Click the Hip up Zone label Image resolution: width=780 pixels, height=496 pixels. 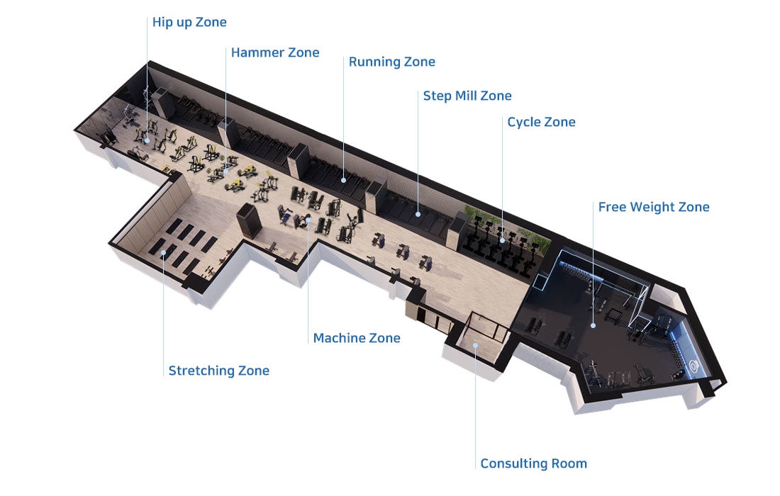click(x=189, y=23)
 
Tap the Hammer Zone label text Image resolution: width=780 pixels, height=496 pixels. click(x=275, y=52)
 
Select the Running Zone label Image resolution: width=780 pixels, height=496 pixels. click(x=392, y=62)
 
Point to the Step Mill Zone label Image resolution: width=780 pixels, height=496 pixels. click(x=467, y=96)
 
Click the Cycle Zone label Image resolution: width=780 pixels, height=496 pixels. click(x=541, y=123)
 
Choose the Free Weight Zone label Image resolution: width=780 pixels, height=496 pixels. click(x=654, y=207)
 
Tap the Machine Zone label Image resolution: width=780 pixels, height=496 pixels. click(x=357, y=338)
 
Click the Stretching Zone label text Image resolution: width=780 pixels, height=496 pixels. click(x=219, y=371)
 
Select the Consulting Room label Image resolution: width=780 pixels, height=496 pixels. click(x=534, y=463)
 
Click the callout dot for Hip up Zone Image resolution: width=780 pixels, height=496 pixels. click(x=147, y=140)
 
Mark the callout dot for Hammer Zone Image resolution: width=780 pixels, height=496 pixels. click(x=225, y=171)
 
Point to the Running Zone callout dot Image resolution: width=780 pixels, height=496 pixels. click(x=344, y=181)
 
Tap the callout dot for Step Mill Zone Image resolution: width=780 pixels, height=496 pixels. click(x=418, y=214)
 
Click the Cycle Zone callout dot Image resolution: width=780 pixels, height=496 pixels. click(x=503, y=240)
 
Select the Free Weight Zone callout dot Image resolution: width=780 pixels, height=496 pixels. click(x=593, y=325)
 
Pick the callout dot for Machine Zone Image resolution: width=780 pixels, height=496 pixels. click(x=308, y=220)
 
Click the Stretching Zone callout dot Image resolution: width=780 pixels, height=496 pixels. click(x=163, y=252)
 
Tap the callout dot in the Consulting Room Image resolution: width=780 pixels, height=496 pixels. click(x=475, y=345)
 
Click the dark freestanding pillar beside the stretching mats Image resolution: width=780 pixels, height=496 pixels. click(x=249, y=220)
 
